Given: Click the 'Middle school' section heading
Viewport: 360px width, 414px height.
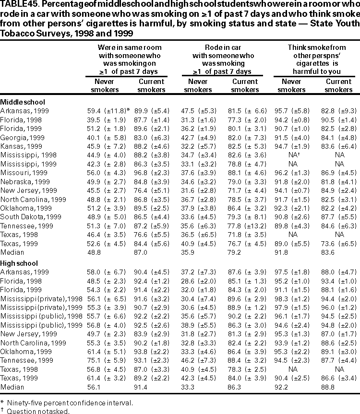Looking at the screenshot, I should pyautogui.click(x=23, y=102).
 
